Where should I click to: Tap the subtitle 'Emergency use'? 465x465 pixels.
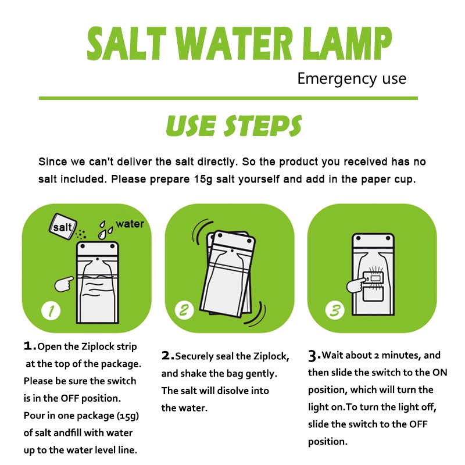tap(352, 78)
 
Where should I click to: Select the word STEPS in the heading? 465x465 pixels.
tap(263, 126)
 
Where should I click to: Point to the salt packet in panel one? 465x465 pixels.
tap(63, 227)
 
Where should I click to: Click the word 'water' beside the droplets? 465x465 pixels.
tap(130, 224)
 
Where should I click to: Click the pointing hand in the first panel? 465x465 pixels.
tap(64, 284)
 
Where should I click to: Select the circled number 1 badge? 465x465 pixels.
tap(51, 311)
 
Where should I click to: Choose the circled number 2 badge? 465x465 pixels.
tap(184, 310)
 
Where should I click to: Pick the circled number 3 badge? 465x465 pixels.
tap(335, 310)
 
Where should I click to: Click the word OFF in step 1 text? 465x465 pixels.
tap(69, 398)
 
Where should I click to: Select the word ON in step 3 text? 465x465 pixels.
tap(439, 373)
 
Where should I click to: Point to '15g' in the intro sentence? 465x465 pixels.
tap(203, 180)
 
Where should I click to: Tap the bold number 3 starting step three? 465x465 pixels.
tap(313, 356)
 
